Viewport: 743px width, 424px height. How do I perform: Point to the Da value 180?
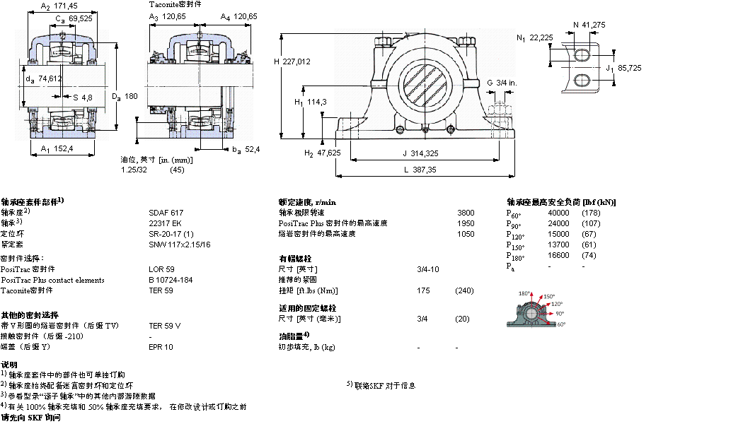coord(131,97)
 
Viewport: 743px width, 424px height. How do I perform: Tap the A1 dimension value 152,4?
coord(65,148)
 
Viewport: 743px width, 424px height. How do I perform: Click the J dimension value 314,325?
coord(425,153)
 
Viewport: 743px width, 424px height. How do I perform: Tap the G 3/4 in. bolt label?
coord(501,83)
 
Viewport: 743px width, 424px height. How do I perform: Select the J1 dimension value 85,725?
coord(629,68)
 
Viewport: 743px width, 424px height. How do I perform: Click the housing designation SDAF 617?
coord(166,213)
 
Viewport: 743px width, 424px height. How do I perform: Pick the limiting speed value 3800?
coord(466,213)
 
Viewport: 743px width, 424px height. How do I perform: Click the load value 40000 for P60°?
coord(558,213)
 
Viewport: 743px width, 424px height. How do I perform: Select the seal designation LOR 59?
coord(161,269)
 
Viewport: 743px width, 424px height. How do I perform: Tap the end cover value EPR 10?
coord(161,347)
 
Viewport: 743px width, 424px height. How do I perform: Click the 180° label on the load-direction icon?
coord(524,293)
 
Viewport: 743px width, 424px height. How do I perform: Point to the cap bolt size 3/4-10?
coord(428,269)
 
